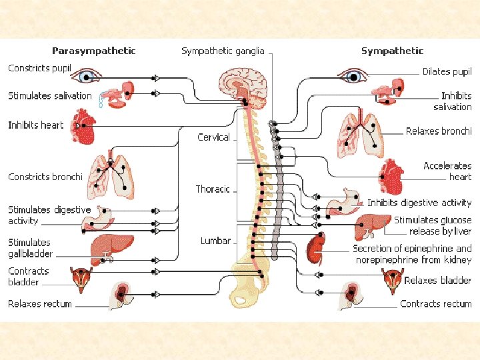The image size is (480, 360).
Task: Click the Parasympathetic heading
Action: (94, 51)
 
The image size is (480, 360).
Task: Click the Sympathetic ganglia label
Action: (223, 51)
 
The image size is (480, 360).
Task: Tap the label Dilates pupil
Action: (447, 71)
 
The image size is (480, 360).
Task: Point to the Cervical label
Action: (213, 137)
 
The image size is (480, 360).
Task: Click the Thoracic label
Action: (213, 189)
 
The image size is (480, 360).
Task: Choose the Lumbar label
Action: (215, 241)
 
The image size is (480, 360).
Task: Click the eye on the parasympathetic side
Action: (85, 76)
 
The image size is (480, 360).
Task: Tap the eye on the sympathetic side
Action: (354, 75)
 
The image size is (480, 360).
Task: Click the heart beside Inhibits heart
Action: (85, 127)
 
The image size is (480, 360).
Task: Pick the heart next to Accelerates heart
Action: (391, 176)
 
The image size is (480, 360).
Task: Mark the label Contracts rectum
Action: (435, 304)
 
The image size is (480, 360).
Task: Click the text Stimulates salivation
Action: (50, 96)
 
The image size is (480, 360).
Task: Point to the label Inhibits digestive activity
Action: (419, 203)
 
